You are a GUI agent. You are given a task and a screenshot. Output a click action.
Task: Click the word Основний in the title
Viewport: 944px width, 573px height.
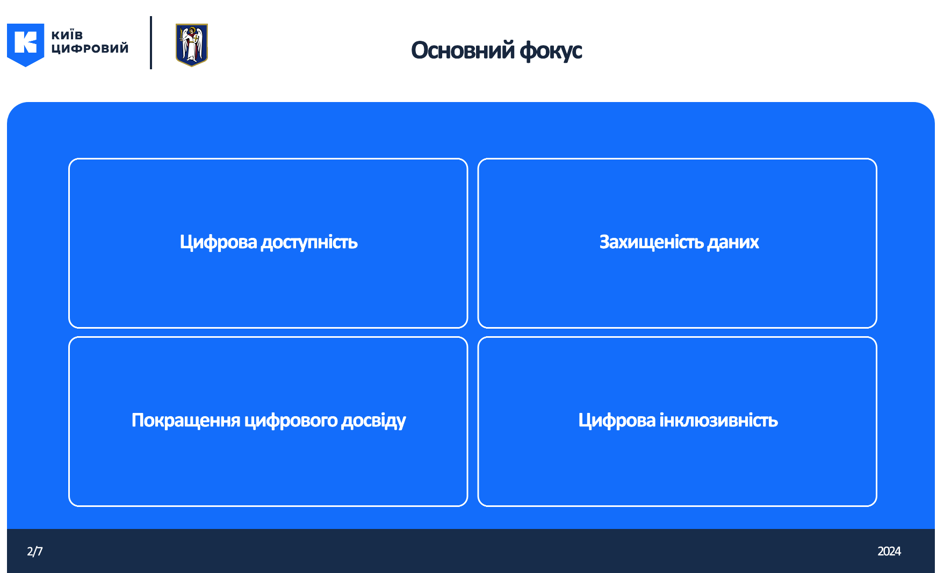[x=463, y=50]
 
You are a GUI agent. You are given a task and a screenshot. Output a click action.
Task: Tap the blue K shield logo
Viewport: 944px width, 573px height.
[x=25, y=45]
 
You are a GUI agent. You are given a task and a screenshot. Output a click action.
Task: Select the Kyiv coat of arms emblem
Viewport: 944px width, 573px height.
[x=192, y=45]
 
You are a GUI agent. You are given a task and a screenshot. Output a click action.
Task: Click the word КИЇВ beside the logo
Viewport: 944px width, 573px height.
[x=67, y=35]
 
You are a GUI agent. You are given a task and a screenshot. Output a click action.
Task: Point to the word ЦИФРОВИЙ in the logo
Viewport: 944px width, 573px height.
[x=90, y=48]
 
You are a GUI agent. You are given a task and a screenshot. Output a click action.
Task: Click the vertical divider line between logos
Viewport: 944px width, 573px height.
[x=151, y=42]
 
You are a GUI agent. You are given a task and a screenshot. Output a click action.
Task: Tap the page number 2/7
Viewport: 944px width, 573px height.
[x=35, y=552]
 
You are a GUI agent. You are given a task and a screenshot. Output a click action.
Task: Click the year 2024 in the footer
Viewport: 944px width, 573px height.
[x=889, y=552]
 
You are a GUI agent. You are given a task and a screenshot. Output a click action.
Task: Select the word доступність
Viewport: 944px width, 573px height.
[x=309, y=243]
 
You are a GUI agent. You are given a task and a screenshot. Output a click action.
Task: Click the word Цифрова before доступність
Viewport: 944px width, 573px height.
[x=219, y=243]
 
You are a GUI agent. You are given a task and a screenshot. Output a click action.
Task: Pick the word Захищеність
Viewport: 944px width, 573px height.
[x=652, y=243]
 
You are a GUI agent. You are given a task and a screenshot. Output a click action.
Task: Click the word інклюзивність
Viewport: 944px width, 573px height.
[x=719, y=420]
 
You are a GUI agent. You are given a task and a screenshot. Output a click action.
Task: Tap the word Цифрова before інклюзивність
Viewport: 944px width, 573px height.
[x=617, y=420]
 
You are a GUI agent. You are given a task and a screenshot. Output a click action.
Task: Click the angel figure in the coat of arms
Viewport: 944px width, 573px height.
[x=191, y=45]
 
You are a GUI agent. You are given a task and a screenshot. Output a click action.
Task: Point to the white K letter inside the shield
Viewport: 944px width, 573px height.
[x=25, y=42]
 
